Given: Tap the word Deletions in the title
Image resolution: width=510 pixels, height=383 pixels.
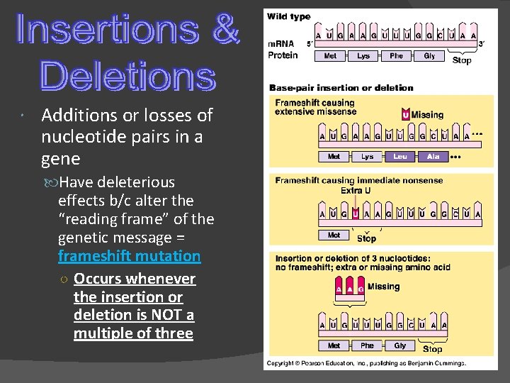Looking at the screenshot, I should (127, 75).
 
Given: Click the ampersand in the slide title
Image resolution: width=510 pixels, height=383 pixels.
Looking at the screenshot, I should (226, 30).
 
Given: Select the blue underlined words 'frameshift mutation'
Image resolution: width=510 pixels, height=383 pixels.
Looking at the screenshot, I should (129, 255).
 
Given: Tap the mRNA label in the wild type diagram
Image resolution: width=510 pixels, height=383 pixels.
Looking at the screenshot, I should (281, 44).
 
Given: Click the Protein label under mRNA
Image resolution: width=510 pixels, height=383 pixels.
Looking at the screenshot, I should (282, 55).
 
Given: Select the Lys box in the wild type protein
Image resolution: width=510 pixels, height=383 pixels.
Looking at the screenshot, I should (363, 55).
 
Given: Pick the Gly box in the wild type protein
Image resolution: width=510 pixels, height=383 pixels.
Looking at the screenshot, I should (429, 55).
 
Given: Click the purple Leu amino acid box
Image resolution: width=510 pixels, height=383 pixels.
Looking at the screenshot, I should (400, 156).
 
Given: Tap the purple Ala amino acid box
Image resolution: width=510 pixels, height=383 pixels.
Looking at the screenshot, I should (433, 156).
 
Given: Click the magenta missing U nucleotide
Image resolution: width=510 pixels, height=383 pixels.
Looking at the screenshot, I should (405, 115).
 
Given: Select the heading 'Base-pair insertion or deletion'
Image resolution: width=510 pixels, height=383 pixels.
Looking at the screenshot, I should (341, 88).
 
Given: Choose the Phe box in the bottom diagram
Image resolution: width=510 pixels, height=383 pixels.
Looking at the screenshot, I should (367, 345).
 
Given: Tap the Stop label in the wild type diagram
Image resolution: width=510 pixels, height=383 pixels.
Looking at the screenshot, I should (462, 60).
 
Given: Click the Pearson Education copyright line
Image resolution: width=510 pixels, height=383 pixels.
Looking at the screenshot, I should (366, 363).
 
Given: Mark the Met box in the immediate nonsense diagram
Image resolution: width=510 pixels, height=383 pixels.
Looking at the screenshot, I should (334, 235).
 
